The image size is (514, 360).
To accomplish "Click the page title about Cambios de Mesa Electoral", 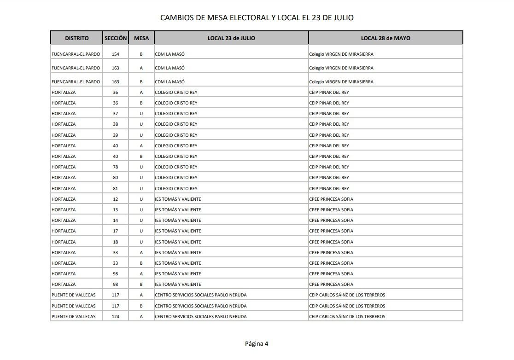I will coord(257,17).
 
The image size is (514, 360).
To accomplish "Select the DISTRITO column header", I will coord(76,38).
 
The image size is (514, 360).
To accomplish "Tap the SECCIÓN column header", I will coord(116,38).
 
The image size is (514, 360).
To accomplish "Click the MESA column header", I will coord(141,38).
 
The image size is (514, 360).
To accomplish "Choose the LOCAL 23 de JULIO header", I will coord(231,38).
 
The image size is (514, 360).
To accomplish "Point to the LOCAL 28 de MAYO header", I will coord(385,38).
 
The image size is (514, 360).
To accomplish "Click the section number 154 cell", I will coord(116,54).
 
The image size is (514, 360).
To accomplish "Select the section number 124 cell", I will coord(116,317).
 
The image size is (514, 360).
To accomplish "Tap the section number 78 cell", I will coord(116,167).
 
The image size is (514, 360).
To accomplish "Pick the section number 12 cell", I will coord(116,199).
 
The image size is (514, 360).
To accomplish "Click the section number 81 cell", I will coord(116,189).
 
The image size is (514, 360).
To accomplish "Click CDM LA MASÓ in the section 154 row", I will coord(170,54).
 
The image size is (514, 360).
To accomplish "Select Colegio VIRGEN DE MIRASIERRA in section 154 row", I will coord(341,54).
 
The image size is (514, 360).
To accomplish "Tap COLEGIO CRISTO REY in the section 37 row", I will coord(176,114).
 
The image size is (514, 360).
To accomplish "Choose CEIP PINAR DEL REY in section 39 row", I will coord(329,135).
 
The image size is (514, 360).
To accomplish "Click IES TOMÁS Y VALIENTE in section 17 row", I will coord(178,231).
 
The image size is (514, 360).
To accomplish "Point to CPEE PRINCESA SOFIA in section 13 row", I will coord(331,210).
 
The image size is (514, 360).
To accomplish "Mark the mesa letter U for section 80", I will coord(141,178).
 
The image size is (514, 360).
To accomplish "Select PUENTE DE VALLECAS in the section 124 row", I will coord(74,317).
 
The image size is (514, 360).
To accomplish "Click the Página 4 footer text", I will coord(257,343).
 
